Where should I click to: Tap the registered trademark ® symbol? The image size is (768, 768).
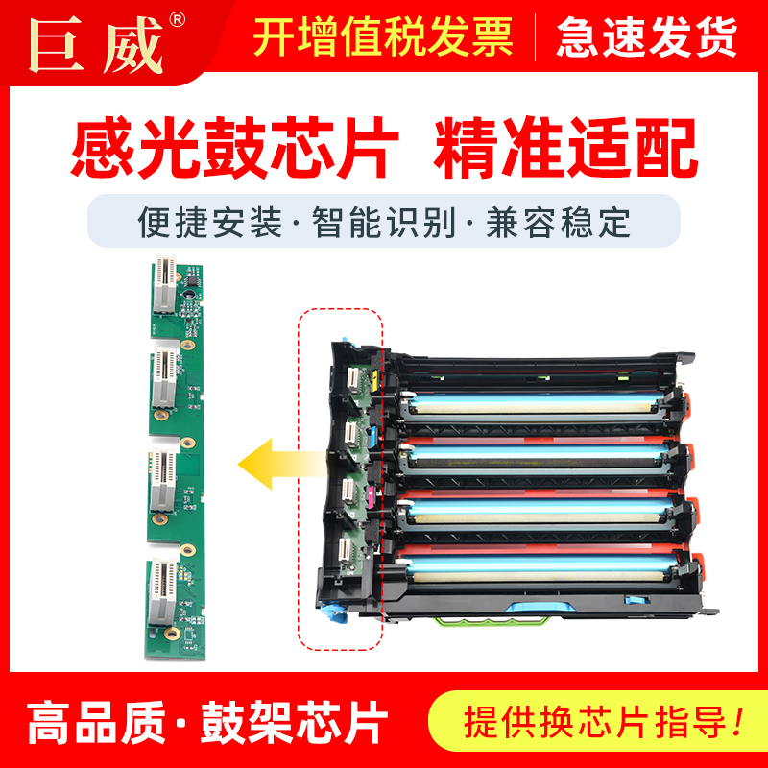178,19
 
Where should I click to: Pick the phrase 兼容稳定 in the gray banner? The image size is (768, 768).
571,223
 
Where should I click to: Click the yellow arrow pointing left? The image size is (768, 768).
278,464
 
